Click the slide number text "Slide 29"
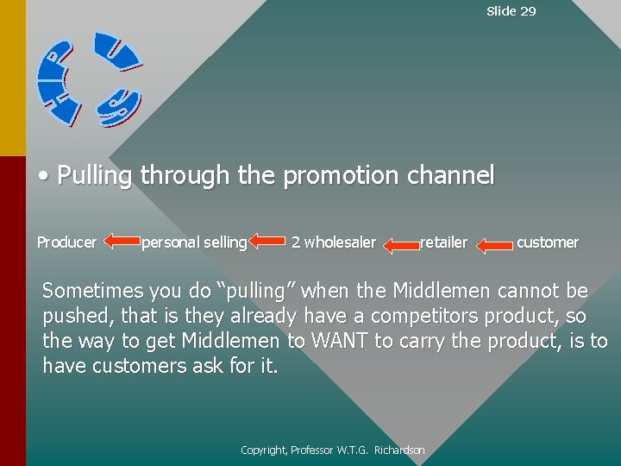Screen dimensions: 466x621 (x=511, y=11)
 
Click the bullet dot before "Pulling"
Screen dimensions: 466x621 (x=43, y=177)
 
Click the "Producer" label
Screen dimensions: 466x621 (x=66, y=242)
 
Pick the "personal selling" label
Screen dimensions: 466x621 (x=194, y=242)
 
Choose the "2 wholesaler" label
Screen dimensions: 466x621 (x=334, y=242)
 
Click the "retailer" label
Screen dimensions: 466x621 (x=443, y=242)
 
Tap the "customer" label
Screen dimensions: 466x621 (x=548, y=242)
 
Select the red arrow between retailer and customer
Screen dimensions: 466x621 (x=494, y=245)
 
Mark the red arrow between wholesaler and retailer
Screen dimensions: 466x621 (x=400, y=245)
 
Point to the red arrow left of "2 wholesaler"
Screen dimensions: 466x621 (x=268, y=242)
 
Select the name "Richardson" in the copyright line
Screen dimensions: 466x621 (x=399, y=450)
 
